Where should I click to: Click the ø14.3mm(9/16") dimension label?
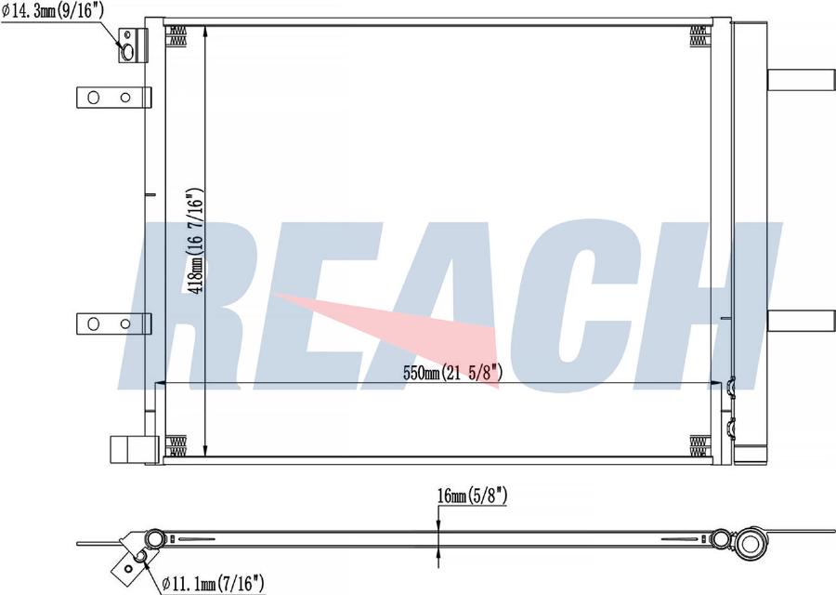[x=53, y=11]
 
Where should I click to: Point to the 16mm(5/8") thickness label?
[x=473, y=496]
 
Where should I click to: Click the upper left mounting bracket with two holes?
[x=113, y=98]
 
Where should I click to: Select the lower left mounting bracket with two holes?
[x=113, y=324]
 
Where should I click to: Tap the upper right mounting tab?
[x=801, y=80]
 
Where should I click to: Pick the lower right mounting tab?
[x=801, y=320]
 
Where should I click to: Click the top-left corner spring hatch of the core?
[x=176, y=36]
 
